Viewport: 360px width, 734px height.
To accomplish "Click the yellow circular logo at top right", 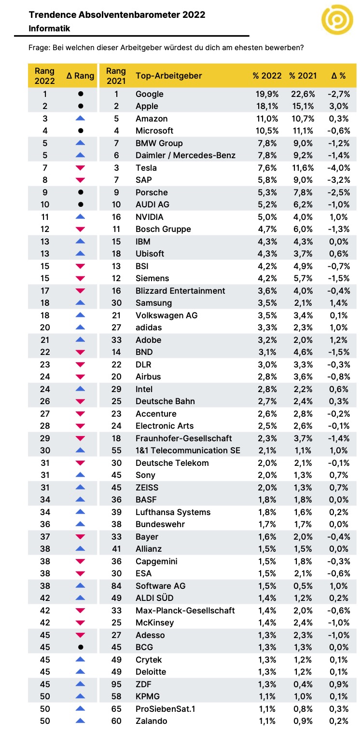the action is click(x=337, y=20).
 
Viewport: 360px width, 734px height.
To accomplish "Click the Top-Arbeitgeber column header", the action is click(x=168, y=76).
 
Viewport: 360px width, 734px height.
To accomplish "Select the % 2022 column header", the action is click(x=267, y=76).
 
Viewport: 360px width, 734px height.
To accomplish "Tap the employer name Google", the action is click(x=150, y=94).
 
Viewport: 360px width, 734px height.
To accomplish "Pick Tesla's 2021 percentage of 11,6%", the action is click(x=303, y=168).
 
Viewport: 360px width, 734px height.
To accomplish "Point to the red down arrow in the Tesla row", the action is click(x=80, y=168).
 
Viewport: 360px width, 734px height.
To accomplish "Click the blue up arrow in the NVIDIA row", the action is click(x=80, y=217).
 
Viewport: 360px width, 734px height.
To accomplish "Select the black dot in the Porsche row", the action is click(x=81, y=192).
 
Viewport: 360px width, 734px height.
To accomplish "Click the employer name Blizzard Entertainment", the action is click(x=180, y=291).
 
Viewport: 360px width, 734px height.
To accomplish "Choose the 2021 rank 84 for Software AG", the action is click(x=116, y=586).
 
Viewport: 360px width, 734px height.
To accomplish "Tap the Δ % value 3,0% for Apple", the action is click(x=339, y=106).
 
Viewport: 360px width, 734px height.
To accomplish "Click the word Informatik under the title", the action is click(x=49, y=28).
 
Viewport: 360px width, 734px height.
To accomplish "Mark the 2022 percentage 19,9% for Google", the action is click(x=267, y=94).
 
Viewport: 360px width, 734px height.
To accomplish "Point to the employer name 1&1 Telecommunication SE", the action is click(x=188, y=450).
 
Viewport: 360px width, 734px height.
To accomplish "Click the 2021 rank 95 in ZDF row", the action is click(x=116, y=684).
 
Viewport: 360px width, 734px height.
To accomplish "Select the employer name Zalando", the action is click(x=152, y=721).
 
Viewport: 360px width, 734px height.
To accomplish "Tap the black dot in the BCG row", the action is click(x=81, y=647).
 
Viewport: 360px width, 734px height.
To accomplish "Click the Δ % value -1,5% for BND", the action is click(x=339, y=352).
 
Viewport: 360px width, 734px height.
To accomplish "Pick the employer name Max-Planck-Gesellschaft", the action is click(x=185, y=611).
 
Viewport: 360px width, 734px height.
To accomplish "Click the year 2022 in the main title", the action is click(x=194, y=15).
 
